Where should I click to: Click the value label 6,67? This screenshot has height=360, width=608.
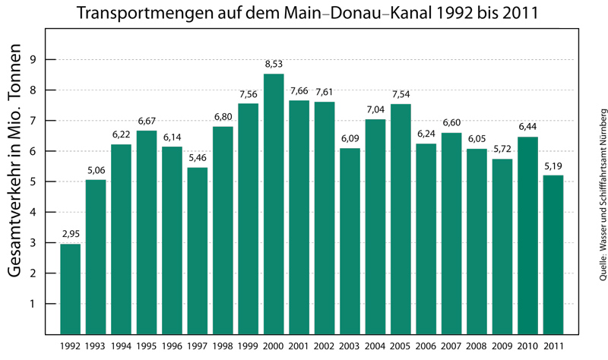click(x=147, y=124)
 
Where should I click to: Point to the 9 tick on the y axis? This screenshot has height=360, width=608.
click(x=32, y=60)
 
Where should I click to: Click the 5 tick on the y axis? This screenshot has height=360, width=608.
click(x=32, y=182)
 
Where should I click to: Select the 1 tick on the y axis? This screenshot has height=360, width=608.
click(x=32, y=304)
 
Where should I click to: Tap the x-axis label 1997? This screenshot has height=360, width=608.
click(x=197, y=346)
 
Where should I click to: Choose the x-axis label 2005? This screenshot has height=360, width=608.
click(x=401, y=346)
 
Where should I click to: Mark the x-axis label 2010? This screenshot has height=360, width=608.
click(x=527, y=346)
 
